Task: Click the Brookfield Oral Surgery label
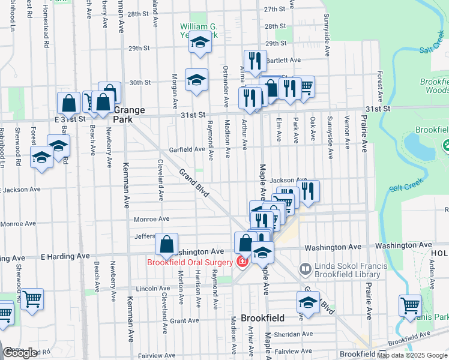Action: click(190, 262)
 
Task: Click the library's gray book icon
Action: click(305, 268)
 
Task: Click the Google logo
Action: click(21, 353)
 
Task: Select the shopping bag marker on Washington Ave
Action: click(166, 244)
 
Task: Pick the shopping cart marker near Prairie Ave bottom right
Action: click(410, 305)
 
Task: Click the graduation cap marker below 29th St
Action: click(196, 80)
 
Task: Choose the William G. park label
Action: click(199, 27)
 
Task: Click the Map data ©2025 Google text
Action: click(412, 355)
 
